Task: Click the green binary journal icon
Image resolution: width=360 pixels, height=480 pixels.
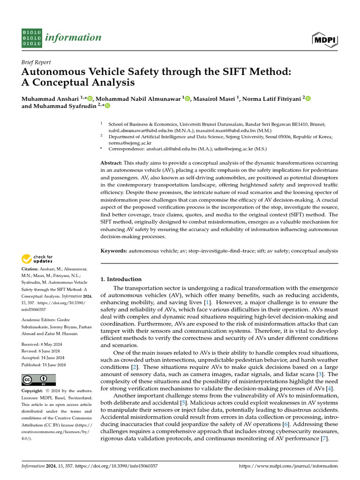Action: (32, 37)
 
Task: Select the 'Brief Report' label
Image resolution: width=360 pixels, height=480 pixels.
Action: (36, 62)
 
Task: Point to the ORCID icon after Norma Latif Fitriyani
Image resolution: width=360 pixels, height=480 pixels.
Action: (308, 98)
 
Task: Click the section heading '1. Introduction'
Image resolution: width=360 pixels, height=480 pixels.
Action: (121, 279)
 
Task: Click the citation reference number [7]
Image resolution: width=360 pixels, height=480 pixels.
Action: (322, 439)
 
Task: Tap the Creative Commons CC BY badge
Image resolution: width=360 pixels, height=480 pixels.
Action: (39, 380)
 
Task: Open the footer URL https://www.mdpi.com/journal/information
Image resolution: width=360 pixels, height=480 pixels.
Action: (288, 466)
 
